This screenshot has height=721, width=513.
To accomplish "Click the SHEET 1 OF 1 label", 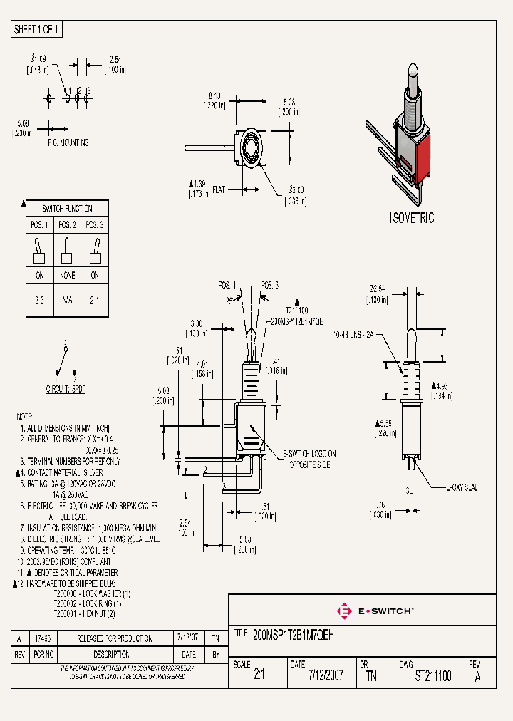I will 37,30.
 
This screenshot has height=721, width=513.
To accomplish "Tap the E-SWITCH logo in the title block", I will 375,611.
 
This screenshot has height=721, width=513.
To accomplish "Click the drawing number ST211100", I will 432,675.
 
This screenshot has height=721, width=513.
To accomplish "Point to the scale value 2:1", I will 259,675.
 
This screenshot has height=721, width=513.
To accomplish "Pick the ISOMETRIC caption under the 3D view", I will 412,219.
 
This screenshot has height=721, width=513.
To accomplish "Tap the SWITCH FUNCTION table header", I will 67,209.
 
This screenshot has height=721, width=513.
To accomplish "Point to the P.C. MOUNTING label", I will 68,143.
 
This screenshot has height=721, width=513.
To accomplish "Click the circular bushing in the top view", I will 251,148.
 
